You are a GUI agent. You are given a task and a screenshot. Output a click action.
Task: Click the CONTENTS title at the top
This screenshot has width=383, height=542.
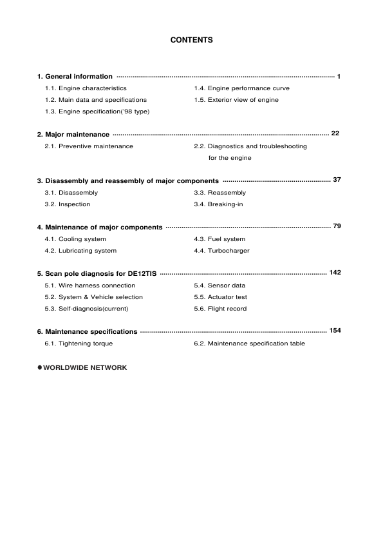click(x=191, y=40)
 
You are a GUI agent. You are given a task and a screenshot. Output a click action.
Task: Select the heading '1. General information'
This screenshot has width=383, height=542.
click(x=75, y=77)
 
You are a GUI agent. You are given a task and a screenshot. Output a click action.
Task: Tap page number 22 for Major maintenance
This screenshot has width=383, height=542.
click(x=335, y=133)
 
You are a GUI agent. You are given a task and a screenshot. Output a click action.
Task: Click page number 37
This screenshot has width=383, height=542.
click(x=337, y=179)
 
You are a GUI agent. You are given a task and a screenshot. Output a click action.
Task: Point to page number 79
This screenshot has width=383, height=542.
click(x=337, y=226)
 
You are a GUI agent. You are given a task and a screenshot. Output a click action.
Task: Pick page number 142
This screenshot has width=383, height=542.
click(x=335, y=273)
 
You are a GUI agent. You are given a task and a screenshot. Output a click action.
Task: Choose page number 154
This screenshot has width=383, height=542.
click(x=335, y=331)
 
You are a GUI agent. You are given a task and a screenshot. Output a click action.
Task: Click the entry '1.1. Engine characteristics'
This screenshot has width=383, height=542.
click(x=86, y=88)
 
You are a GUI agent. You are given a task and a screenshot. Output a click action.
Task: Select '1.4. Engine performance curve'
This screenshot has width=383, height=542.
click(x=241, y=88)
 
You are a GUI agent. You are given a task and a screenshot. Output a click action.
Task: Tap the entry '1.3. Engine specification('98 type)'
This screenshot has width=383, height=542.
click(x=97, y=111)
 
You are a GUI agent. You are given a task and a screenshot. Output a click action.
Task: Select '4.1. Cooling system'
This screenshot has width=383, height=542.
click(x=75, y=239)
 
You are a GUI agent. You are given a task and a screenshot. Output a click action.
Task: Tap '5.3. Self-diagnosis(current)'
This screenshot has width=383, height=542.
click(x=86, y=309)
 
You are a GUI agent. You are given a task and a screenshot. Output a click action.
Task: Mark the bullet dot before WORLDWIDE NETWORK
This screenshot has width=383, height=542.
click(x=39, y=367)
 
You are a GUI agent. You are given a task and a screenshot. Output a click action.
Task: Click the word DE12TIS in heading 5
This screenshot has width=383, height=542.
click(x=142, y=274)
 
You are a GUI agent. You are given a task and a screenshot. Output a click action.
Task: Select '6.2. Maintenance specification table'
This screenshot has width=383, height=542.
click(x=249, y=344)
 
